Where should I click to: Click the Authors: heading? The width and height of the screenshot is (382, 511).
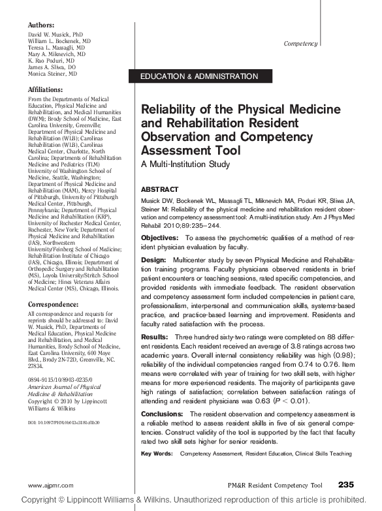coord(42,24)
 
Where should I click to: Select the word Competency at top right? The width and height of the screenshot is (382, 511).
coord(301,44)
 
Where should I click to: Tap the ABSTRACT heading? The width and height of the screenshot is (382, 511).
coord(159,187)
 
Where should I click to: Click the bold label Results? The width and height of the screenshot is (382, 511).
coord(155,336)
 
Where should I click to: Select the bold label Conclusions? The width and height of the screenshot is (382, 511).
coord(163,414)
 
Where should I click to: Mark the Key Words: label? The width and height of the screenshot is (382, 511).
coord(157,453)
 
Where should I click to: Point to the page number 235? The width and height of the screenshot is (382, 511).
coord(347,484)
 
